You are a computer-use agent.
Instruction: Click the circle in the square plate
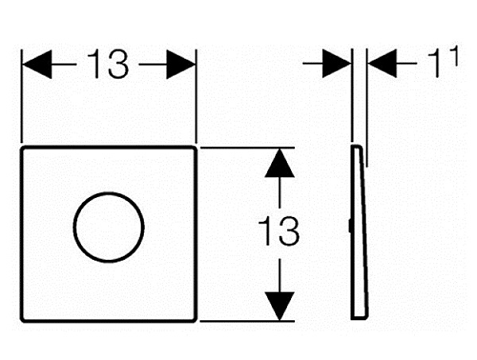tap(109, 192)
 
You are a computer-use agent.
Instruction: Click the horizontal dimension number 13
tap(107, 64)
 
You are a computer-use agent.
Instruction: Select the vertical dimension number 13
tap(278, 230)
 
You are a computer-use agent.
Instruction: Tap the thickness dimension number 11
tap(442, 62)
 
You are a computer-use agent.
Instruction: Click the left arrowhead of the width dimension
tap(37, 64)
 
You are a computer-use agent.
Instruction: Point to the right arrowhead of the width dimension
tap(180, 64)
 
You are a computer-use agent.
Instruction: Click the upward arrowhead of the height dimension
tap(279, 163)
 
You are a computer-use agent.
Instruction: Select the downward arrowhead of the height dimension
tap(279, 306)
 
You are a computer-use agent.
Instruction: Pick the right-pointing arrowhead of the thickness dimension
tap(337, 64)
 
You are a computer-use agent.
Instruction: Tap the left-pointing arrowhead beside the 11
tap(382, 64)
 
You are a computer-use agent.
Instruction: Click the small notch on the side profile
tap(350, 226)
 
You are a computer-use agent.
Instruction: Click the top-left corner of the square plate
tap(22, 148)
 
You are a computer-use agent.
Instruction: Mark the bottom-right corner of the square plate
tap(196, 320)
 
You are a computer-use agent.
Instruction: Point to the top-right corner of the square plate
tap(196, 148)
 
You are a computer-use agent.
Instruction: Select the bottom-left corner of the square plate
tap(22, 320)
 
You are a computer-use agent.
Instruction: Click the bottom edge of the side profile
tap(359, 319)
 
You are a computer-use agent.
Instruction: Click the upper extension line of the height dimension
tap(247, 148)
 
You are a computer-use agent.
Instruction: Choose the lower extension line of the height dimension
tap(247, 321)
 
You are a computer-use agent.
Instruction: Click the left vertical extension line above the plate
tap(21, 96)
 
